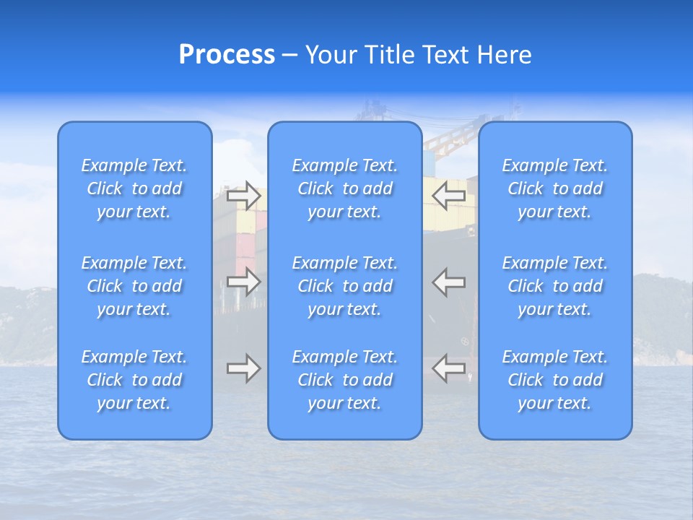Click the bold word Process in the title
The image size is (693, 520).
click(x=227, y=55)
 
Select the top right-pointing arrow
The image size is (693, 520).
click(x=243, y=195)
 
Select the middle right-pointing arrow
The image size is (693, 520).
click(x=243, y=282)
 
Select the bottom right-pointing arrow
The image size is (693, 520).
click(x=243, y=368)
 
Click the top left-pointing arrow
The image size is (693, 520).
click(x=449, y=195)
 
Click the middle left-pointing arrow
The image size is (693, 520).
click(x=449, y=282)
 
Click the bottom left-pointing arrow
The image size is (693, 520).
click(x=449, y=368)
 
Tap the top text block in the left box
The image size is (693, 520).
click(x=134, y=188)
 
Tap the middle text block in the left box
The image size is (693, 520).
click(x=134, y=286)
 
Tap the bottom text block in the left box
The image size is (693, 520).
click(x=134, y=380)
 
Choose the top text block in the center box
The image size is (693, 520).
click(x=344, y=188)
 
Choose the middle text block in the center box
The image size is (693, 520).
click(x=344, y=286)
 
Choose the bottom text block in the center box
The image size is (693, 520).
click(x=344, y=380)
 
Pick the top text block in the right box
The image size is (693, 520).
click(x=554, y=188)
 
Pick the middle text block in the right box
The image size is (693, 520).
click(x=554, y=286)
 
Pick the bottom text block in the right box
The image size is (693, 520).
click(x=554, y=380)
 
